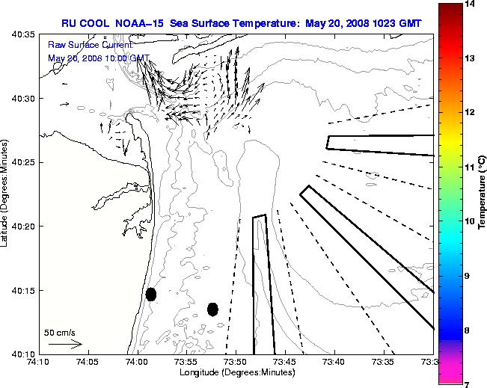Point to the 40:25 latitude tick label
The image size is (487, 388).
pos(25,162)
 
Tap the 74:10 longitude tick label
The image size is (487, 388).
pos(39,362)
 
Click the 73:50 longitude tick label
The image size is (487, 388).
pos(236,362)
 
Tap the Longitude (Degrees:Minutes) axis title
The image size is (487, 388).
pos(235,372)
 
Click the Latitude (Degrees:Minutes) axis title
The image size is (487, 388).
pos(6,194)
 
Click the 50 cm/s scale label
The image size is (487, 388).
pos(60,332)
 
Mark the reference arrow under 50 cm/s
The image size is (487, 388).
pos(64,344)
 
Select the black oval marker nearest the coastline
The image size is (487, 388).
pos(151,294)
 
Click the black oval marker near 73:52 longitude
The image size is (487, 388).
pos(212,309)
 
